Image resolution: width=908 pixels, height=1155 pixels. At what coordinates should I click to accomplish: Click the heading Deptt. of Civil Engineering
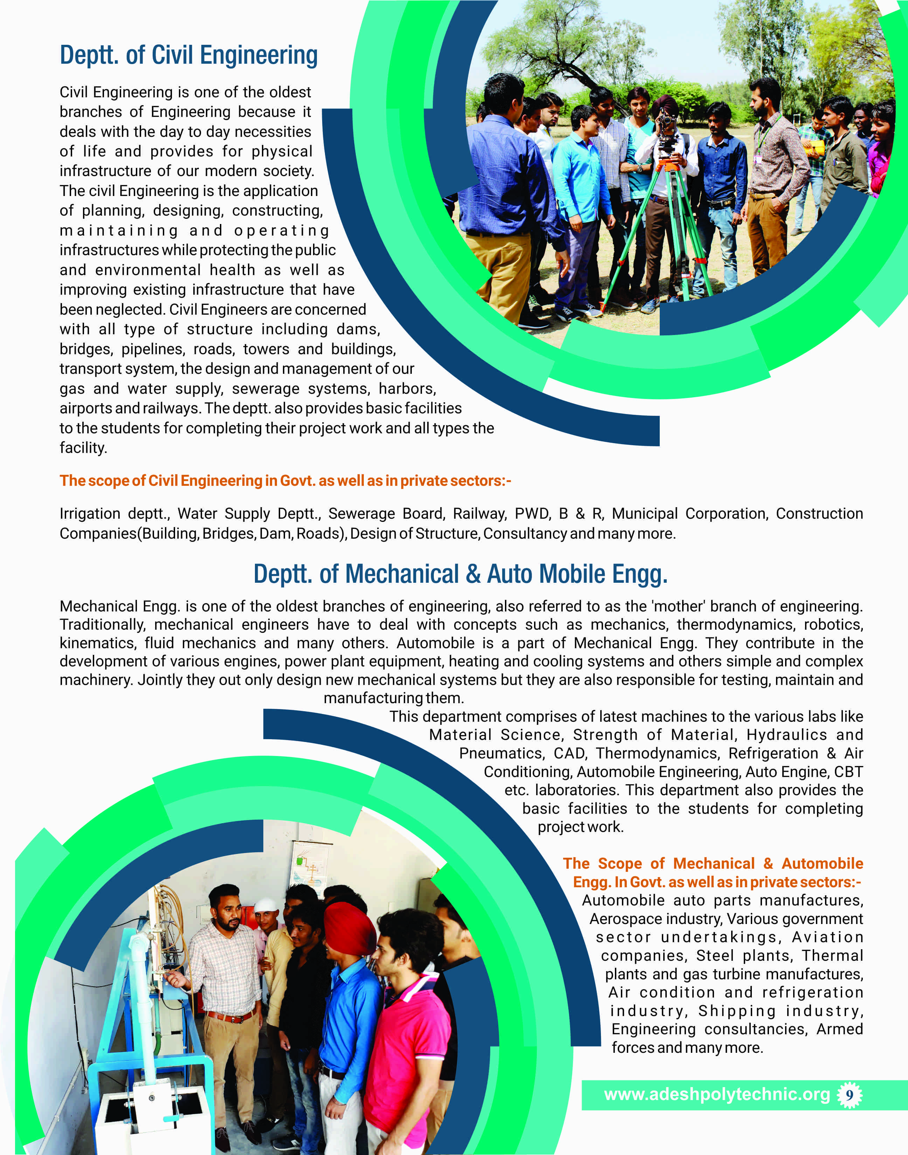189,55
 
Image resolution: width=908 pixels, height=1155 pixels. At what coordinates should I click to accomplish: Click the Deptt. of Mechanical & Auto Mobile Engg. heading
460,574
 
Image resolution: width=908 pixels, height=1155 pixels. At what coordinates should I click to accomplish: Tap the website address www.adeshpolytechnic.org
716,1094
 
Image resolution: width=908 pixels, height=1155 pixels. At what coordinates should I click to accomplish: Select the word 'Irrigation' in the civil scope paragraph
89,514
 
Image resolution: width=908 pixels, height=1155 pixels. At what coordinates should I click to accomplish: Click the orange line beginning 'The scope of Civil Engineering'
285,481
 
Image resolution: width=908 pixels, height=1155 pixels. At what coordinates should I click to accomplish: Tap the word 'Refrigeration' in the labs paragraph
773,753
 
